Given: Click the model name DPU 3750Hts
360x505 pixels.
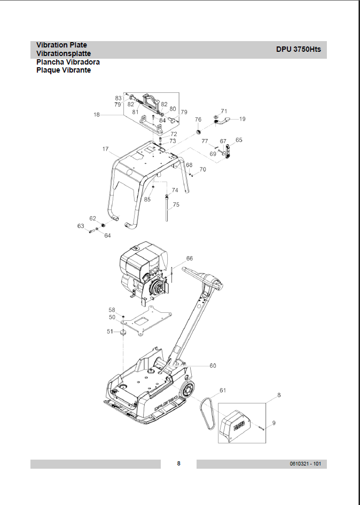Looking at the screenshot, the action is pos(299,49).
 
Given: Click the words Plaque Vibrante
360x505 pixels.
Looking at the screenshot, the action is pos(64,70).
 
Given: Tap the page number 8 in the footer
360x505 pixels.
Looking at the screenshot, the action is pos(178,463).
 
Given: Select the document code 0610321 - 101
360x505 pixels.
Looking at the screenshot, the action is pos(305,464).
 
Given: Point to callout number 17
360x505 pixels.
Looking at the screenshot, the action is pos(105,149).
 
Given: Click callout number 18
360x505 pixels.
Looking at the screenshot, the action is pos(96,114).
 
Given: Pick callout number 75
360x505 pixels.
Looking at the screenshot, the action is pos(176,204).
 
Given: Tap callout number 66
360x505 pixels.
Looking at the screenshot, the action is pos(190,258).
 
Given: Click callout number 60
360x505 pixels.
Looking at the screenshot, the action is pos(213,366).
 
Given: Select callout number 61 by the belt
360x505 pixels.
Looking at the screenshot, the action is pos(223,390).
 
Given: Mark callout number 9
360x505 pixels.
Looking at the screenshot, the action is pos(274,423).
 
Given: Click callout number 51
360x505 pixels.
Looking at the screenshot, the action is pos(110,332).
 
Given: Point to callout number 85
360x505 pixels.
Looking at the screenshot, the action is pos(147,199).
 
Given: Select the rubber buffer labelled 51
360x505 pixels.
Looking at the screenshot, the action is pos(123,333).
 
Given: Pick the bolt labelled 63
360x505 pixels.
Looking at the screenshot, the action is pos(91,231).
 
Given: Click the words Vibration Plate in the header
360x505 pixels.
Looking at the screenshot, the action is pos(61,45).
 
